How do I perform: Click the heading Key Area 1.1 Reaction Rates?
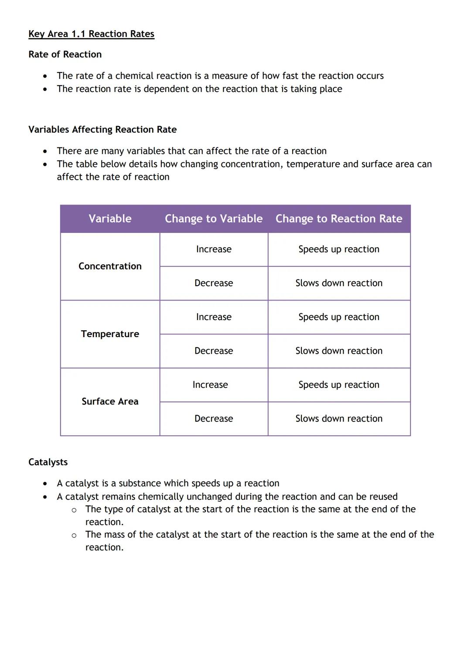coord(91,34)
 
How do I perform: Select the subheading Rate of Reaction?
coord(65,55)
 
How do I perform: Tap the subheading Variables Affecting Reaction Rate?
coord(102,130)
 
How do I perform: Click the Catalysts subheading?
coord(48,462)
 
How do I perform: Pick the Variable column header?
coord(110,219)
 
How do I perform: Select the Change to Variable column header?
coord(214,219)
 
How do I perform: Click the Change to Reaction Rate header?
coord(339,219)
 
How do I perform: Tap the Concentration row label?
coord(110,266)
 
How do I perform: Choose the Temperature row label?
coord(110,334)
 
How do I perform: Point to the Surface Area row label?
coord(110,402)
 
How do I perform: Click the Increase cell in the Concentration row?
coord(214,249)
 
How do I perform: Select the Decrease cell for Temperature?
coord(214,351)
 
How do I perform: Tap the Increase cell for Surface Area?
coord(210,385)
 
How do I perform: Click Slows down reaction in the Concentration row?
coord(339,283)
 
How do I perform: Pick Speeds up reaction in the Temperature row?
coord(339,317)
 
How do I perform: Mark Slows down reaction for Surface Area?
coord(339,419)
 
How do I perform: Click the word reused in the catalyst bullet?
coord(383,496)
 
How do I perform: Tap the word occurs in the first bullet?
coord(370,76)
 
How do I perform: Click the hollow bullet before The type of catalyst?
coord(74,510)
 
